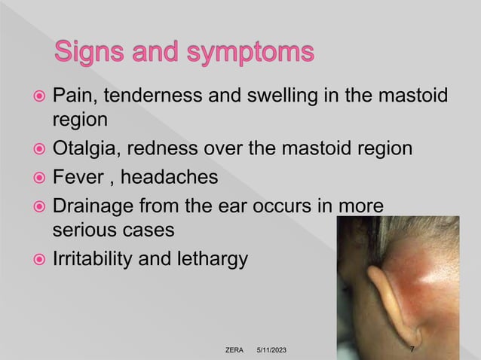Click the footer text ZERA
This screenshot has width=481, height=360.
coord(234,350)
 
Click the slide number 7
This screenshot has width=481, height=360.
coord(411,349)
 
